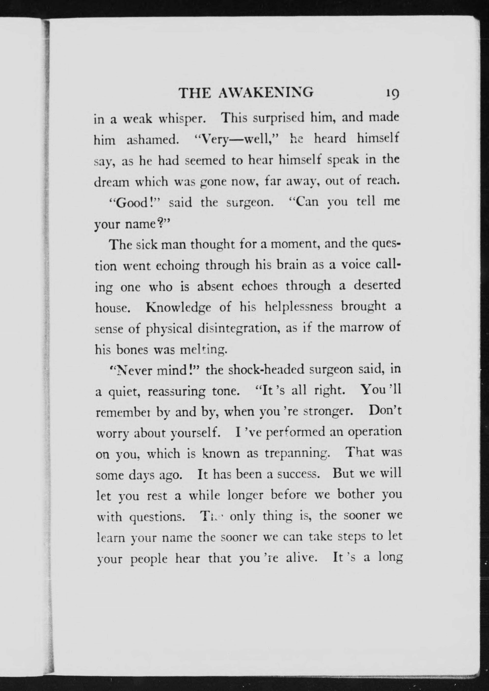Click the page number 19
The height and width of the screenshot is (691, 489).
click(x=391, y=94)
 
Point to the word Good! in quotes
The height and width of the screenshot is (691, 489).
click(x=135, y=203)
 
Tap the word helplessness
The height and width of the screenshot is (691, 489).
click(x=298, y=307)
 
